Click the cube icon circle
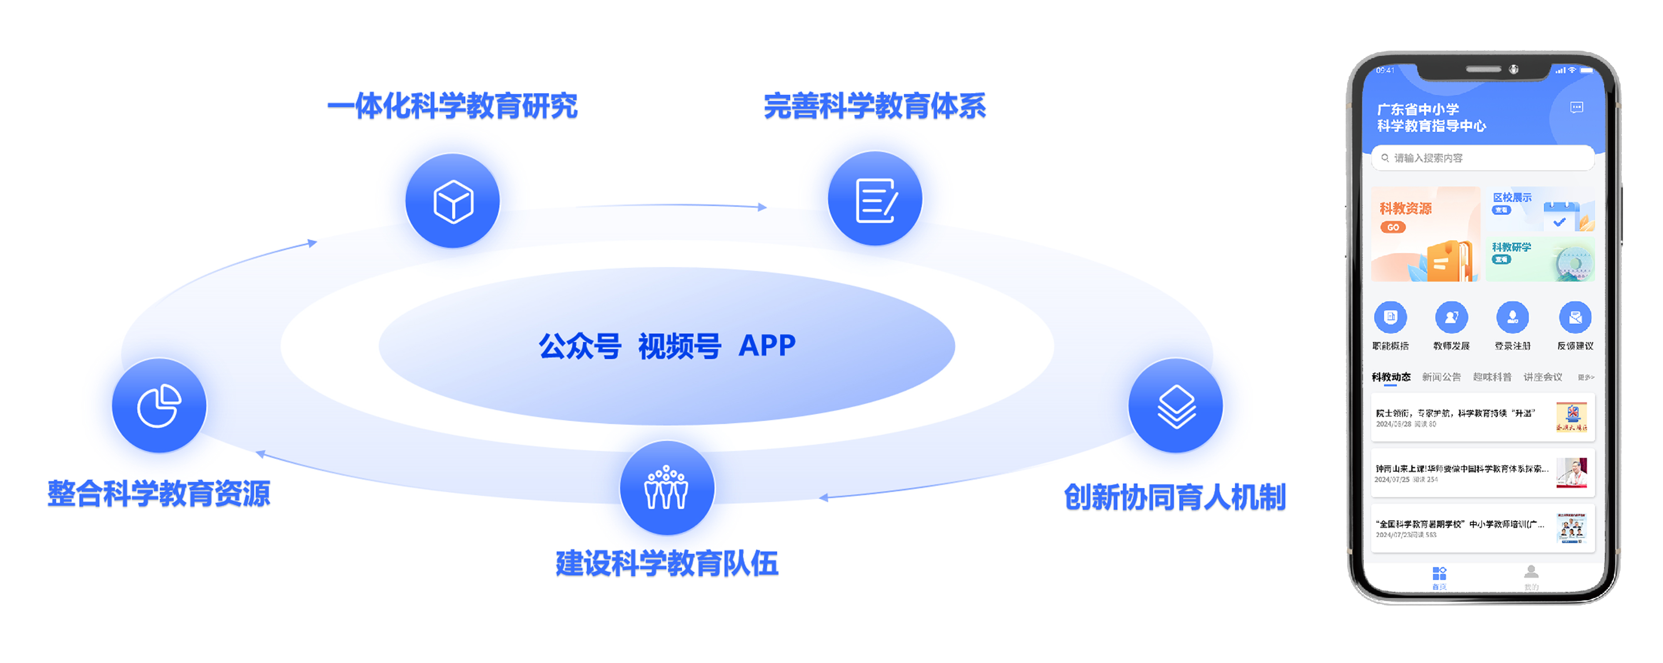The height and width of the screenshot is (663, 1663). (x=452, y=201)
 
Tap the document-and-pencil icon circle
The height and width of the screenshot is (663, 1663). (x=875, y=199)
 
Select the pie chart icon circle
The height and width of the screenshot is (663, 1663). (x=159, y=406)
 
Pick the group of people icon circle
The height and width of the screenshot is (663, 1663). (x=667, y=488)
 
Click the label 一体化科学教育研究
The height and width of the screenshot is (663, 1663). (x=452, y=106)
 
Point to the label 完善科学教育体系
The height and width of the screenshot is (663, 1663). (x=875, y=106)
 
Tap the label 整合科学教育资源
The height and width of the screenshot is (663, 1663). (x=159, y=494)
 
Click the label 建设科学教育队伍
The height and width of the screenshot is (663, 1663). (x=667, y=563)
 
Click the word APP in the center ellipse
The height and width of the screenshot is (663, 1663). (x=767, y=346)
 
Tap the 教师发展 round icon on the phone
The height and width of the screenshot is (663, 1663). (x=1451, y=317)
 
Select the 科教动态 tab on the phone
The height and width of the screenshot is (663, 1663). (x=1391, y=377)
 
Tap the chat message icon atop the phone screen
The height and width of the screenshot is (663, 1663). (x=1577, y=108)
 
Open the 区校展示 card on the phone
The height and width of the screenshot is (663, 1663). (x=1539, y=210)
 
